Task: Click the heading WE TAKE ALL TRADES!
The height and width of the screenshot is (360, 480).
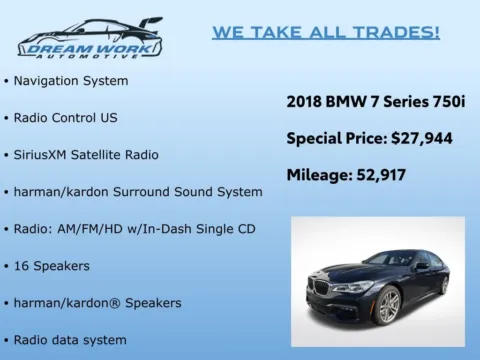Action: pos(325,32)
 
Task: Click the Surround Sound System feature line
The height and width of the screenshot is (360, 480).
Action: pos(137,191)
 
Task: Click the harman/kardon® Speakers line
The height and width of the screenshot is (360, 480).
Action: pos(98,302)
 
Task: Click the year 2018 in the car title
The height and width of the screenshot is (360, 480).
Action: pos(304,101)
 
